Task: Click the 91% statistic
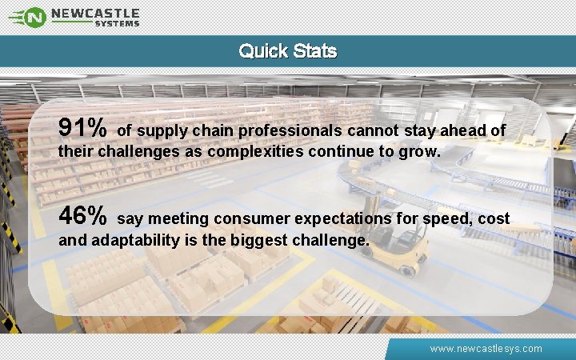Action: pos(83,128)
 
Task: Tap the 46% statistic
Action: pos(83,217)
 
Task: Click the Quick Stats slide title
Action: pos(288,51)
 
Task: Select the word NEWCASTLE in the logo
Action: pos(95,13)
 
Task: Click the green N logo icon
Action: pos(34,16)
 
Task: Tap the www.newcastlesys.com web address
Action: pos(486,349)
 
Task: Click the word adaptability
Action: pos(140,239)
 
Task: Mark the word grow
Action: pos(422,150)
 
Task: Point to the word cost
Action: pos(494,219)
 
